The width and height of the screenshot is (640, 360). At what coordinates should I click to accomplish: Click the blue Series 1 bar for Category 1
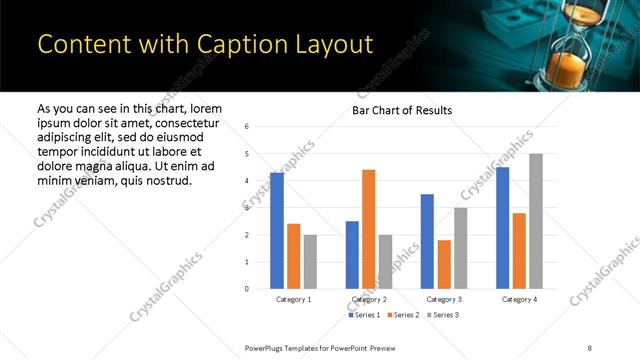tap(277, 231)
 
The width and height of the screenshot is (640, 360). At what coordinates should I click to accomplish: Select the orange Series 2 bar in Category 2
tap(368, 229)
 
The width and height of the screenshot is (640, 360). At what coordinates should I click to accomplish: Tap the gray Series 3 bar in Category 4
tap(536, 221)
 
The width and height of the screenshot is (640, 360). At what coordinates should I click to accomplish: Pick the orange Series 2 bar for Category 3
tap(444, 264)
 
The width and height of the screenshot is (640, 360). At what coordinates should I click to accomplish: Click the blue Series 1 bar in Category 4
tap(502, 228)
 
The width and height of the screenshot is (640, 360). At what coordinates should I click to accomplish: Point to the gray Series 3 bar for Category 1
tap(310, 262)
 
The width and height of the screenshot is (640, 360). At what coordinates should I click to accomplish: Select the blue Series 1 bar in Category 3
tap(427, 241)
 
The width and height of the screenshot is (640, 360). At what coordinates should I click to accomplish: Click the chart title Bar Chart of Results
tap(402, 110)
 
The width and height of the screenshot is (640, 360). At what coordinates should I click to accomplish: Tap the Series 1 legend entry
tap(365, 315)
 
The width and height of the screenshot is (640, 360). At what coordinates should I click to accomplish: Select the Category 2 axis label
tap(369, 299)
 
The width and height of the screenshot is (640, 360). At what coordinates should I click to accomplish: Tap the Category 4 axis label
tap(519, 299)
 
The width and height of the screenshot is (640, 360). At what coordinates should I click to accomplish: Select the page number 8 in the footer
tap(589, 347)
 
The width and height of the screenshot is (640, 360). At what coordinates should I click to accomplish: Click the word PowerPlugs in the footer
tap(268, 347)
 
